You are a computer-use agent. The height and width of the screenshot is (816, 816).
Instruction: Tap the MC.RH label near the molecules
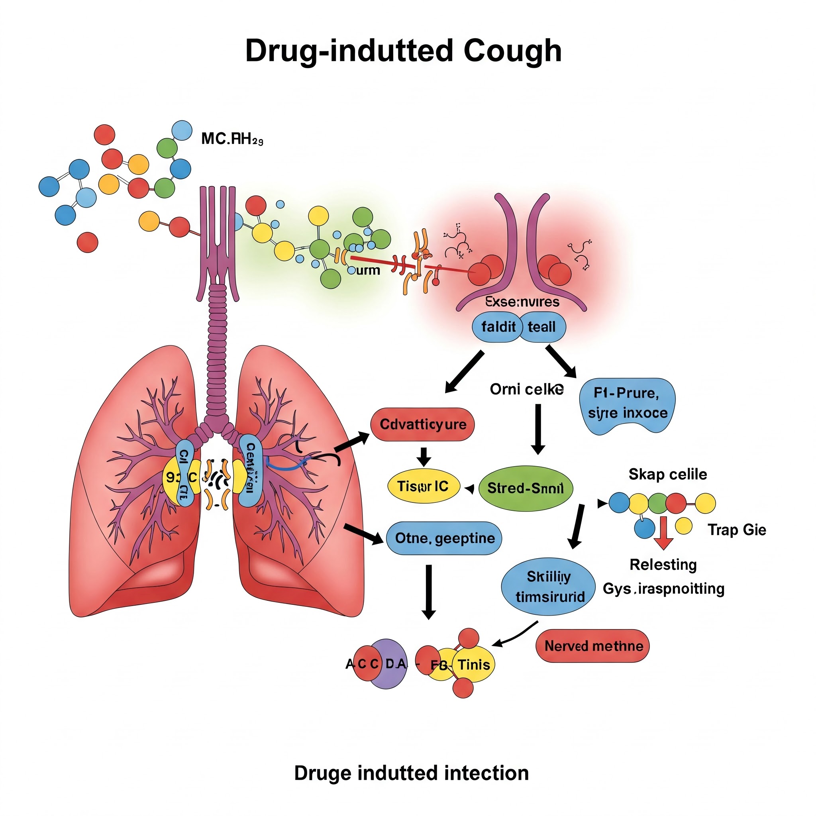point(232,139)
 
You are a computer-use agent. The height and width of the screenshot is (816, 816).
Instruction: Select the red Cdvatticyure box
point(422,424)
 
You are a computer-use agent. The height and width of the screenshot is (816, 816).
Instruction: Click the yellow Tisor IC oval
point(423,486)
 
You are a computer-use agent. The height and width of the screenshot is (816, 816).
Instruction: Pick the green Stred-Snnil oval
point(526,488)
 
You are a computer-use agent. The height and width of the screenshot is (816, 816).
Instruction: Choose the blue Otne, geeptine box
point(444,538)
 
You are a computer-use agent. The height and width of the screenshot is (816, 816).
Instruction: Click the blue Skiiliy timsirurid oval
point(548,586)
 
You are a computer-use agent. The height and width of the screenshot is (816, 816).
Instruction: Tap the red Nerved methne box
point(593,646)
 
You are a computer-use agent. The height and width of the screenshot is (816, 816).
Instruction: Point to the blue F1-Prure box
point(627,404)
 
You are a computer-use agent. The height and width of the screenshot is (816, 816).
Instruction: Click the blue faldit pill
point(498,327)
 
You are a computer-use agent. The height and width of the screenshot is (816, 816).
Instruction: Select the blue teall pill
point(542,327)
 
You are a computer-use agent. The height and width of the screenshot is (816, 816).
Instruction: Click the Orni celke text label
point(526,389)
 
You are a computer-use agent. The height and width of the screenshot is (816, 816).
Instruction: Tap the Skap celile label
point(667,474)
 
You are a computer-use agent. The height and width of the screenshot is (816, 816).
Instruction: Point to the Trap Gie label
point(737,530)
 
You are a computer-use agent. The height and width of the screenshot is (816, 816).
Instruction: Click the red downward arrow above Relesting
point(663,533)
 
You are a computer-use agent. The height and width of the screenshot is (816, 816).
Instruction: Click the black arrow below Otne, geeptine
point(429,591)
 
